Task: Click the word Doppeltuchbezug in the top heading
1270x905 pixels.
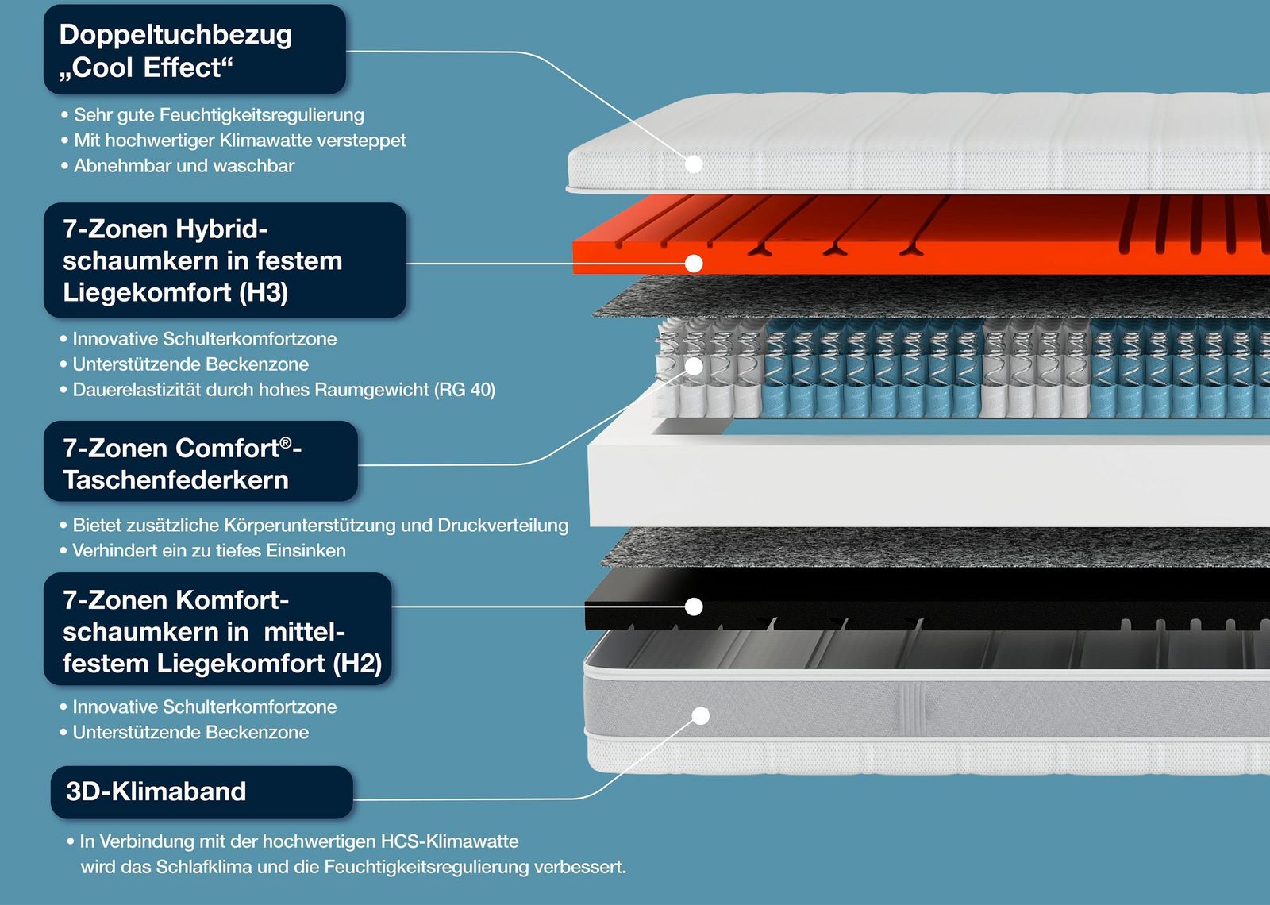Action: click(x=175, y=35)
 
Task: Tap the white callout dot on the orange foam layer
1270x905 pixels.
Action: click(x=694, y=264)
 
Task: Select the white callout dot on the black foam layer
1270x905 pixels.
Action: click(x=694, y=607)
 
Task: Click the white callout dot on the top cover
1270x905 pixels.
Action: click(x=694, y=164)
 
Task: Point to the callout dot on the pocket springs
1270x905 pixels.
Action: click(x=694, y=366)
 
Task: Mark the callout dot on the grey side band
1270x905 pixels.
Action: click(x=701, y=716)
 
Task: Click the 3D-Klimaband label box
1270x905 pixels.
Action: click(x=202, y=792)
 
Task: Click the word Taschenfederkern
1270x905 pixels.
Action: click(x=175, y=480)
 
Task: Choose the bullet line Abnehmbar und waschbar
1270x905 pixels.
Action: click(x=178, y=166)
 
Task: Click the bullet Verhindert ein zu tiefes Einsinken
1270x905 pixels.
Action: click(x=203, y=551)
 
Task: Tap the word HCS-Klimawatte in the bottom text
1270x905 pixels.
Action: click(x=449, y=841)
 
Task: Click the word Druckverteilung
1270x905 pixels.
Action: click(x=503, y=526)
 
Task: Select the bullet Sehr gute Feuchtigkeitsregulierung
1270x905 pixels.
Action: click(x=213, y=115)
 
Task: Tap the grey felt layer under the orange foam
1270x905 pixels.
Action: click(x=929, y=297)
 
